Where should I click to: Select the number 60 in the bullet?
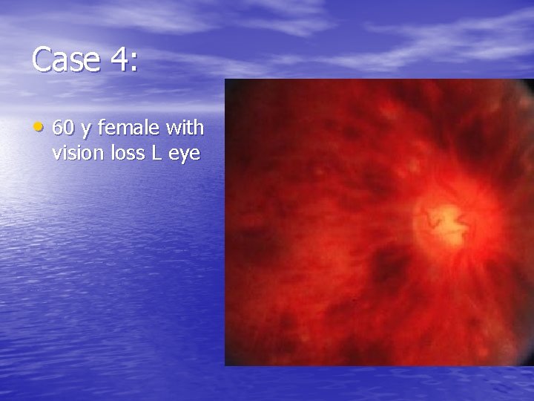coord(63,128)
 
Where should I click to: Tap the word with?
coord(185,128)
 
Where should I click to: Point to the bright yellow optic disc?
coord(444,218)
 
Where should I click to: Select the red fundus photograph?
coord(378,223)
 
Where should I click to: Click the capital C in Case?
coord(42,59)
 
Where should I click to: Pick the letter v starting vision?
coord(56,155)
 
